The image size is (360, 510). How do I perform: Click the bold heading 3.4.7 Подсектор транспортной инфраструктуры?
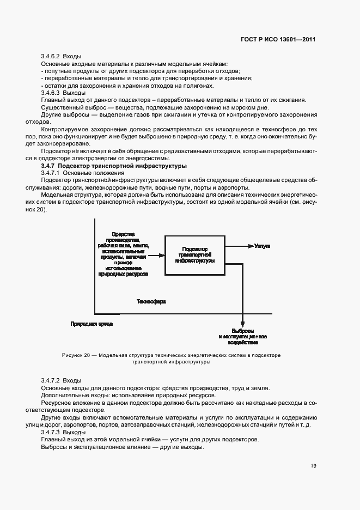[x=114, y=165]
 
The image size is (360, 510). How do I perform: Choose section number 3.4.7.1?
[x=51, y=172]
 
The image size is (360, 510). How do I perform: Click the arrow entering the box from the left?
[x=156, y=254]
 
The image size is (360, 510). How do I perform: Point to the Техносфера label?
[x=151, y=301]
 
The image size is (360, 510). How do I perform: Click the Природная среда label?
[x=91, y=324]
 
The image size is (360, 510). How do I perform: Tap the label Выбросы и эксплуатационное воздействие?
[x=242, y=337]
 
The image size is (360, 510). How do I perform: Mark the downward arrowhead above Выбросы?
[x=242, y=325]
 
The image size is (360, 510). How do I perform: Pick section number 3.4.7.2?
[x=51, y=380]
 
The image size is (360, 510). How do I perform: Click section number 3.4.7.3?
[x=51, y=432]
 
